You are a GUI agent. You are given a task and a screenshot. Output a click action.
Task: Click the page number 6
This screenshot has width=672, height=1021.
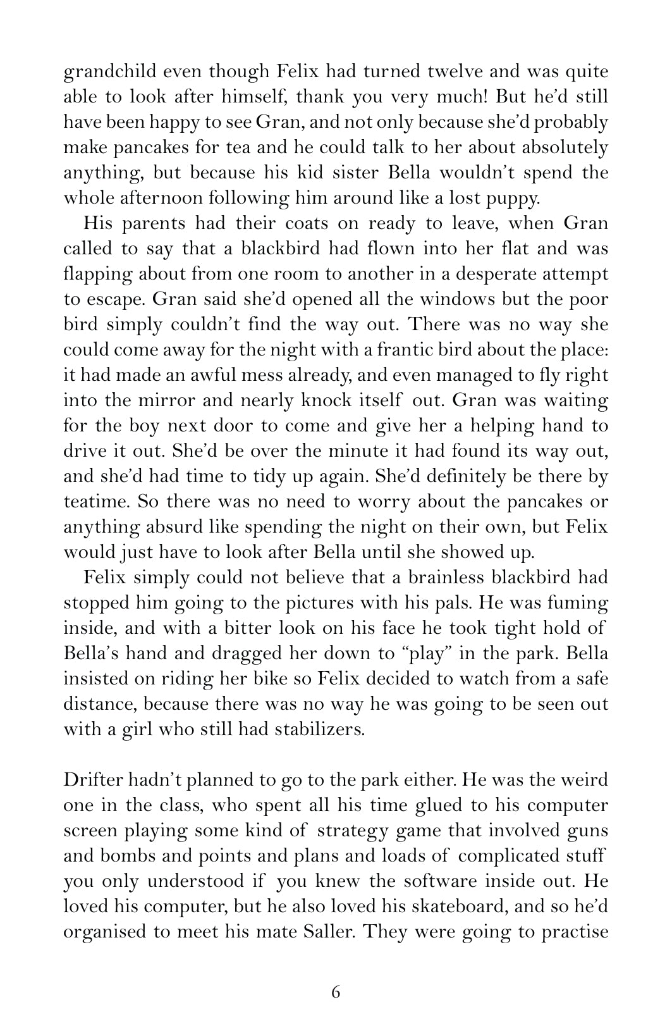tap(336, 992)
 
